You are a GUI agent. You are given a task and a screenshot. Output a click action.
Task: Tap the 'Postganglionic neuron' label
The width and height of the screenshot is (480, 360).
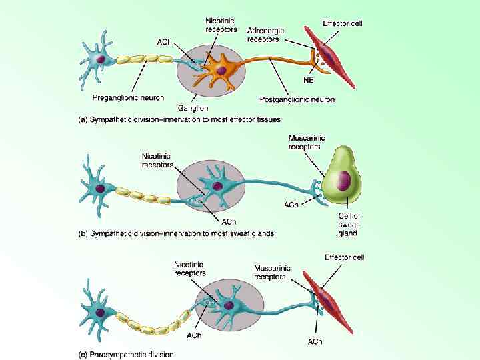[297, 99]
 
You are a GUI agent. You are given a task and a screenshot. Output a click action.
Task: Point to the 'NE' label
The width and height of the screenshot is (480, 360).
[309, 81]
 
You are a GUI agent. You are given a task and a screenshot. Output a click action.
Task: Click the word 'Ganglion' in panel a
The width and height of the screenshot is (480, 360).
[193, 107]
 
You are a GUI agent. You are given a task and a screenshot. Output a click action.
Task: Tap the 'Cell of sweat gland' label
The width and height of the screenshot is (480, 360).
[349, 224]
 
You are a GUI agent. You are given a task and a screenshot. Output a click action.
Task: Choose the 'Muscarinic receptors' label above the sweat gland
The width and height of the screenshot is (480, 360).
[304, 142]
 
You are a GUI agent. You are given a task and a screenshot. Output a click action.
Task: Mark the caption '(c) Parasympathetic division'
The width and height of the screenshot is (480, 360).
[127, 355]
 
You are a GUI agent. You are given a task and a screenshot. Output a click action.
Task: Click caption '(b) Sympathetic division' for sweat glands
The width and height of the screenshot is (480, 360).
[177, 233]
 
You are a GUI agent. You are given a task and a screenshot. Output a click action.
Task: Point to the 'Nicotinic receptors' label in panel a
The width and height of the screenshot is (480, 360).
[221, 25]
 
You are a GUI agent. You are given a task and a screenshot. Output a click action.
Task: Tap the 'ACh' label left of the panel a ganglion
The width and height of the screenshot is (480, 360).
[164, 43]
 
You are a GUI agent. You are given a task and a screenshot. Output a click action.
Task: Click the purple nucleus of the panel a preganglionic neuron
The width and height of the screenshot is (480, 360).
[101, 61]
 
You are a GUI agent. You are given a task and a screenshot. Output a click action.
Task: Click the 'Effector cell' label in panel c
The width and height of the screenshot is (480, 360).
[344, 257]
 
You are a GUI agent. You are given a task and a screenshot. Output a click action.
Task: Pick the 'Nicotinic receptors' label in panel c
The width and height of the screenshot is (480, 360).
[190, 268]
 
